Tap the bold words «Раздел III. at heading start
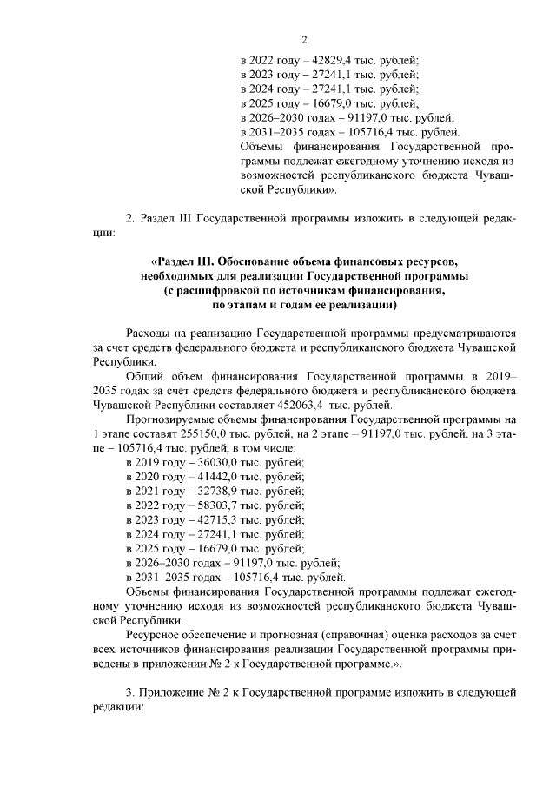[182, 261]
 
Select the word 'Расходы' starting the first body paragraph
[148, 334]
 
